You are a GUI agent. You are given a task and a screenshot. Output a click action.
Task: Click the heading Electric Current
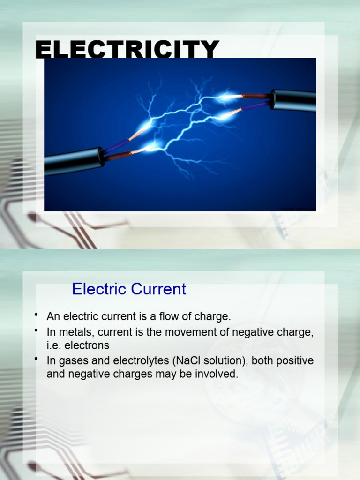[129, 289]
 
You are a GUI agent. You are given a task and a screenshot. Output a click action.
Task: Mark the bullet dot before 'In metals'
[36, 330]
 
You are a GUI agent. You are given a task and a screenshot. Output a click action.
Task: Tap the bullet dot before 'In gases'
[36, 359]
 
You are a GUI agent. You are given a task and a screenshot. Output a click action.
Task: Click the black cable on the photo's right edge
[294, 100]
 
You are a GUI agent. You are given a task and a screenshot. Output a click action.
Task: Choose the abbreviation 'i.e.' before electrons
[54, 346]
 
